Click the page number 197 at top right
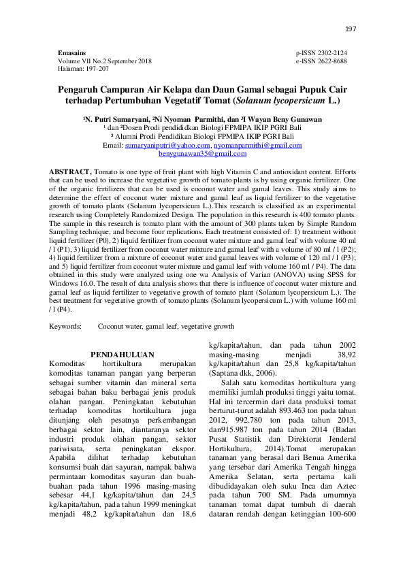(351, 29)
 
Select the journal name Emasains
(73, 52)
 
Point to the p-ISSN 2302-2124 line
(321, 52)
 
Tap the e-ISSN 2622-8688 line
(321, 61)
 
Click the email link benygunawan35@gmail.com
(203, 154)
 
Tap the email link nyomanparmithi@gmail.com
(257, 146)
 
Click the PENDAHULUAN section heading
(123, 355)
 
